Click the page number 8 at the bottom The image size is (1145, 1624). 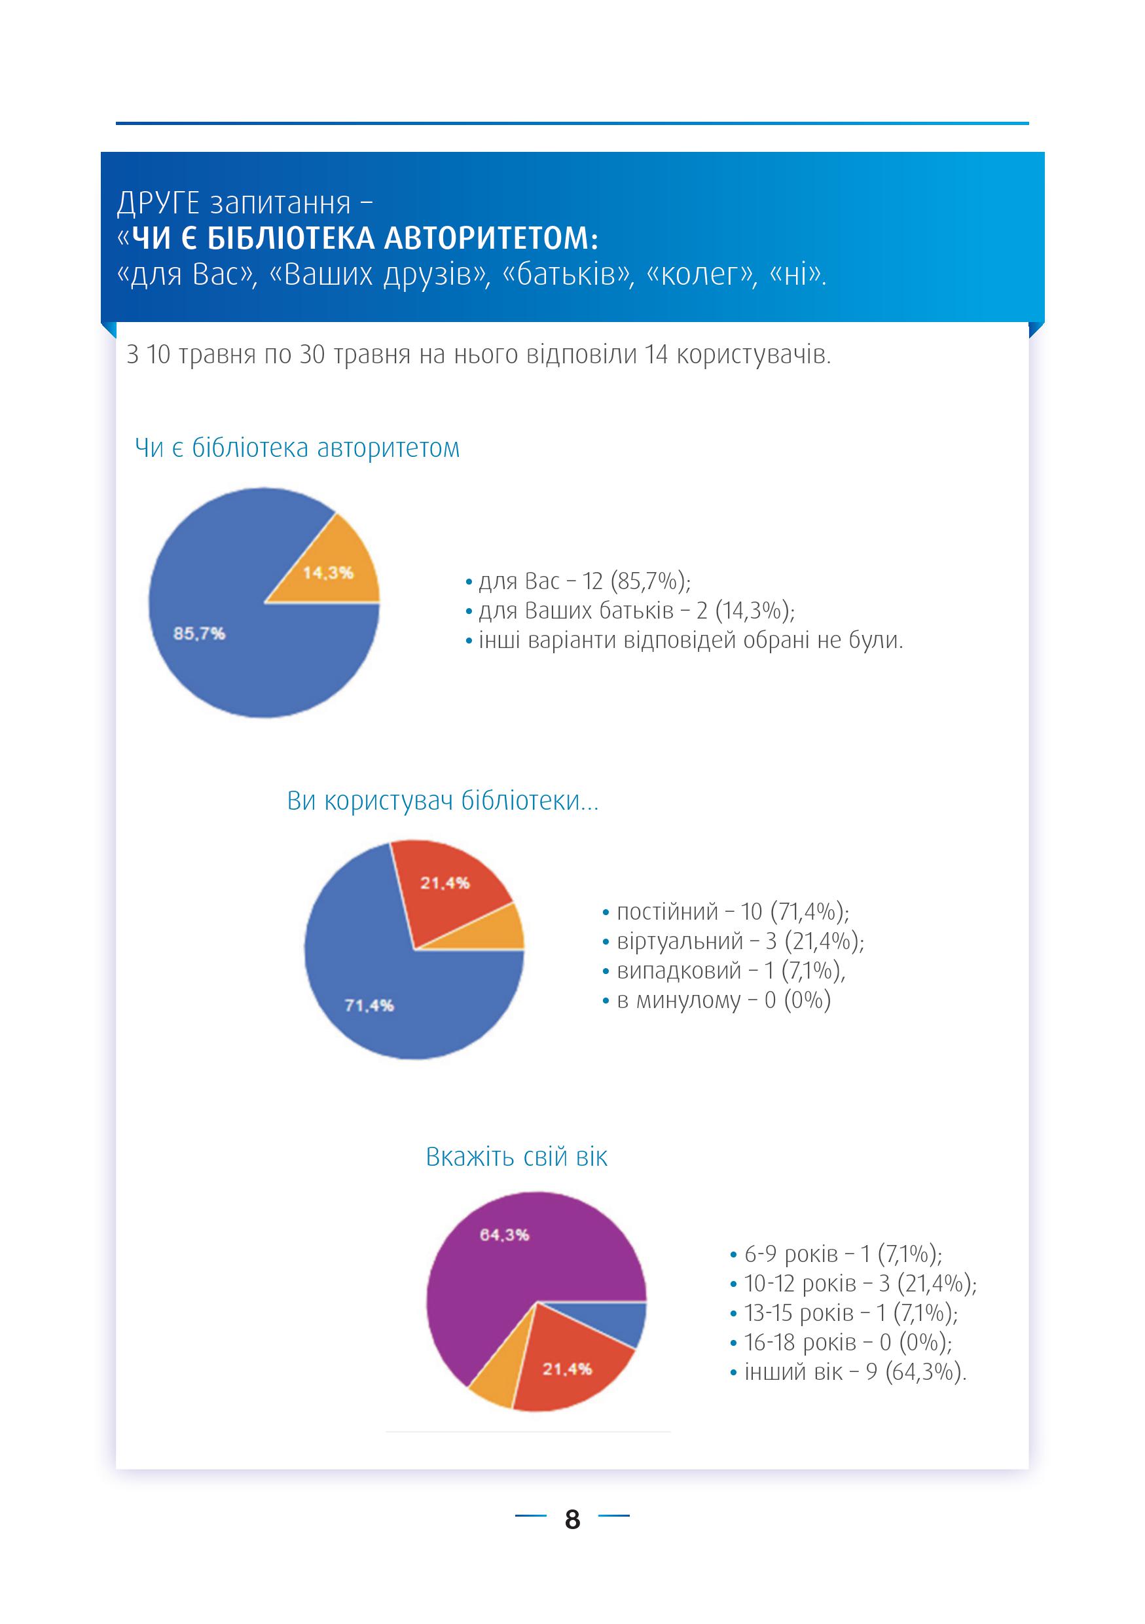[572, 1519]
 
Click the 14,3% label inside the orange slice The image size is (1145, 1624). [328, 572]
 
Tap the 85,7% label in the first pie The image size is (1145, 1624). [200, 633]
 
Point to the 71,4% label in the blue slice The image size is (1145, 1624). [369, 1005]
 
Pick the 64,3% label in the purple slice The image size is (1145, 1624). [504, 1235]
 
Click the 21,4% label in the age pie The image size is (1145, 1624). [567, 1369]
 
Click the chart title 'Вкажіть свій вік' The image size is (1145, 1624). [517, 1157]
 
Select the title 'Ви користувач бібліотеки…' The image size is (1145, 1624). [443, 801]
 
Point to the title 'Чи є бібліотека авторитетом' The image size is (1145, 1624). [297, 448]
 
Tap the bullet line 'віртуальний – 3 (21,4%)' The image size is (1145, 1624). [733, 941]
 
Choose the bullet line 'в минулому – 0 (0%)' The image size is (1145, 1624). [716, 1000]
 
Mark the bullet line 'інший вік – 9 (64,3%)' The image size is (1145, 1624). [848, 1372]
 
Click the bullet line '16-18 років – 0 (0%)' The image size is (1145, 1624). [841, 1343]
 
